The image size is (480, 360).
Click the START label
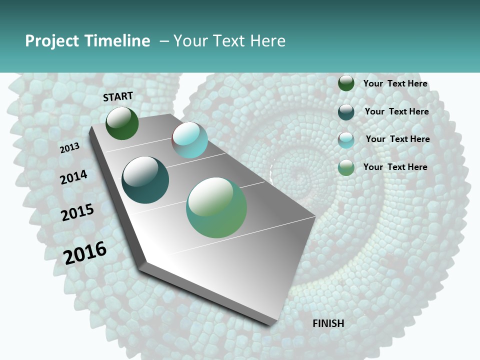pyautogui.click(x=118, y=96)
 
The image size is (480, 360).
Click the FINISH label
pyautogui.click(x=328, y=323)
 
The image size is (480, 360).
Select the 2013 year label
pyautogui.click(x=69, y=148)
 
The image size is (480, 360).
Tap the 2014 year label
pyautogui.click(x=73, y=177)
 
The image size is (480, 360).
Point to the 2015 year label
pyautogui.click(x=77, y=212)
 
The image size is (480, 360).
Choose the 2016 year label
pyautogui.click(x=85, y=252)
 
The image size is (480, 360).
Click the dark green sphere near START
pyautogui.click(x=122, y=123)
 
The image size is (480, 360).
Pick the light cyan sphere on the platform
pyautogui.click(x=190, y=140)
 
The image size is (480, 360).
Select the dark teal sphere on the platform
pyautogui.click(x=145, y=180)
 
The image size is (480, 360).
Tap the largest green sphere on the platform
pyautogui.click(x=216, y=207)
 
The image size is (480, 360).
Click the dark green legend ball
pyautogui.click(x=346, y=83)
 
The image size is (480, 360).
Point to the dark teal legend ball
pyautogui.click(x=346, y=112)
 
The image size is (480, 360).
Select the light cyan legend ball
pyautogui.click(x=346, y=140)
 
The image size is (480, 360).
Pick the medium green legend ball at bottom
pyautogui.click(x=346, y=167)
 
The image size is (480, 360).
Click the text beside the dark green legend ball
pyautogui.click(x=395, y=83)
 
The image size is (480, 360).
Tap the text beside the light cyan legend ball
pyautogui.click(x=397, y=139)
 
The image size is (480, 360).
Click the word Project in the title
pyautogui.click(x=51, y=41)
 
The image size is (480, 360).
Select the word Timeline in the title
pyautogui.click(x=118, y=41)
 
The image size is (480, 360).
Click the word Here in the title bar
pyautogui.click(x=267, y=41)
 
